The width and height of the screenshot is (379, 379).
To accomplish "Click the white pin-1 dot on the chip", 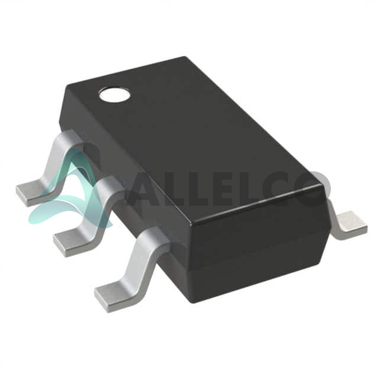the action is pos(114,95).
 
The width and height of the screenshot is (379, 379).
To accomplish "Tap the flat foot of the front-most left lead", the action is pos(114,296).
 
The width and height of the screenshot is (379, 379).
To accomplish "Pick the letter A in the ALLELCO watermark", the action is pos(145,189).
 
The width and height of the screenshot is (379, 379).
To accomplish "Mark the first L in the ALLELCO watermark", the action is pos(177,189).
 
